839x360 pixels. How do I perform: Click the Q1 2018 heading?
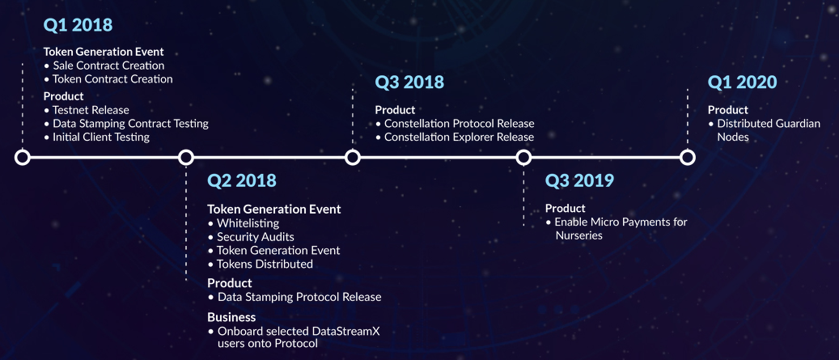coord(78,25)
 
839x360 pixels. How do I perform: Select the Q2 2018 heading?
coord(242,180)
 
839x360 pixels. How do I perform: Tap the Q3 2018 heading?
coord(409,83)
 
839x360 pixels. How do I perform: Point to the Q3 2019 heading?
coord(579,180)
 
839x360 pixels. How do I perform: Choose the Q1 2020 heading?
coord(742,83)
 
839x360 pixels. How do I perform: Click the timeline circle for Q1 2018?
coord(23,157)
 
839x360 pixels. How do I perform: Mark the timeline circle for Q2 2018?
coord(185,157)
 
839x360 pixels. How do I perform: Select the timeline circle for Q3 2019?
coord(523,157)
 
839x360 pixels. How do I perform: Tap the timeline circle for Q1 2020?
coord(688,157)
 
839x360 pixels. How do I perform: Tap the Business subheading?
coord(231,317)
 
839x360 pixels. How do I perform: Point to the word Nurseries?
coord(578,235)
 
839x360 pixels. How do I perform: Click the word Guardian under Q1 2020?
coord(798,124)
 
